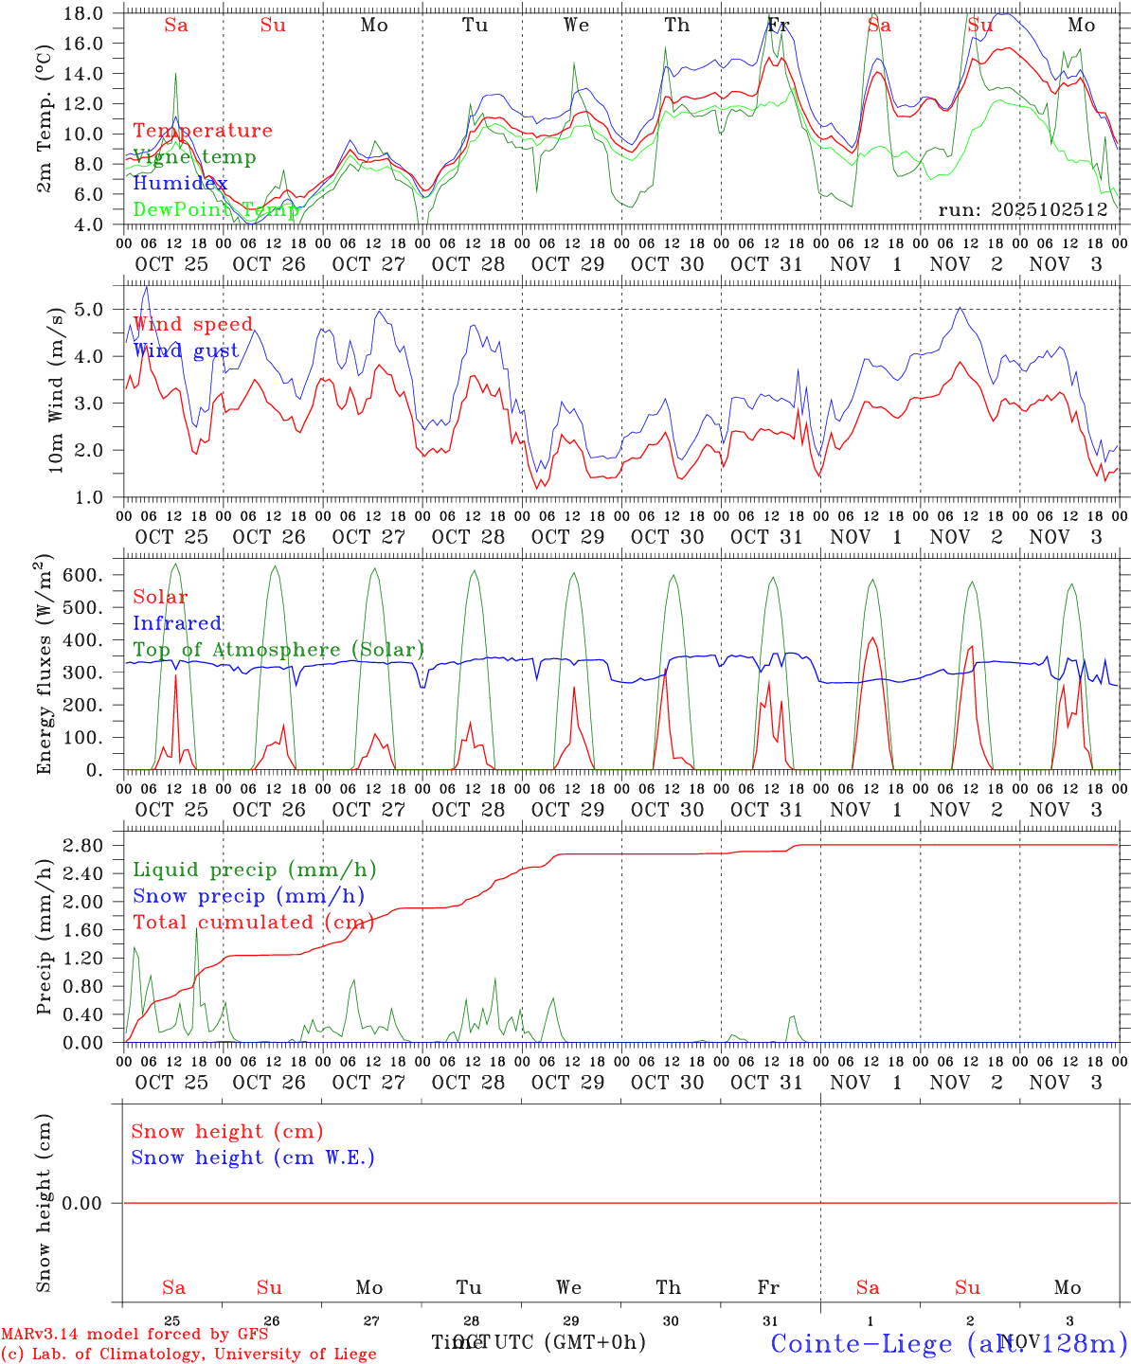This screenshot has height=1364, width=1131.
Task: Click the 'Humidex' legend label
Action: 180,183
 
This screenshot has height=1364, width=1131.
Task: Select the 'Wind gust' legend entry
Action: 186,350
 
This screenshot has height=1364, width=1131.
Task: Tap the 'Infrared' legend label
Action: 177,623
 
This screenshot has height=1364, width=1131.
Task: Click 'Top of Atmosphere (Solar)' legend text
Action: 278,650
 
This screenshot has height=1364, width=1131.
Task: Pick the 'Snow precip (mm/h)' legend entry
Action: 248,896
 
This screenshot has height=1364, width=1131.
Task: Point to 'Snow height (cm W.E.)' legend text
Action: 253,1158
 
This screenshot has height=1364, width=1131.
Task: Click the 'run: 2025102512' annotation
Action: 1023,209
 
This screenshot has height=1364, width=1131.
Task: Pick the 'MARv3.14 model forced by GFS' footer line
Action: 135,1334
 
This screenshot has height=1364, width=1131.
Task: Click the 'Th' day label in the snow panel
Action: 669,1287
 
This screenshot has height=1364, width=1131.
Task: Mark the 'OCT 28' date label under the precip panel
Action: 468,1083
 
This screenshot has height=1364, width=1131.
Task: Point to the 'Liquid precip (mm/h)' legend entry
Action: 254,870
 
